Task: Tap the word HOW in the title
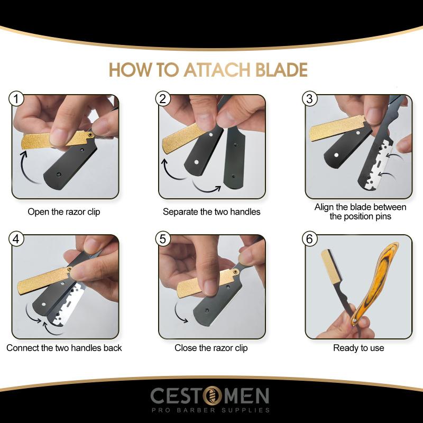129,70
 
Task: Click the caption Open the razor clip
64,212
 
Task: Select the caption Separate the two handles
212,212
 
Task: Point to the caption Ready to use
358,348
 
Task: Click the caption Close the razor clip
212,348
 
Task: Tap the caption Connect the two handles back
64,348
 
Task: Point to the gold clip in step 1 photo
53,140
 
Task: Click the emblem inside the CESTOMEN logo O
212,396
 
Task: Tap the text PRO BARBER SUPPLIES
212,410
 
